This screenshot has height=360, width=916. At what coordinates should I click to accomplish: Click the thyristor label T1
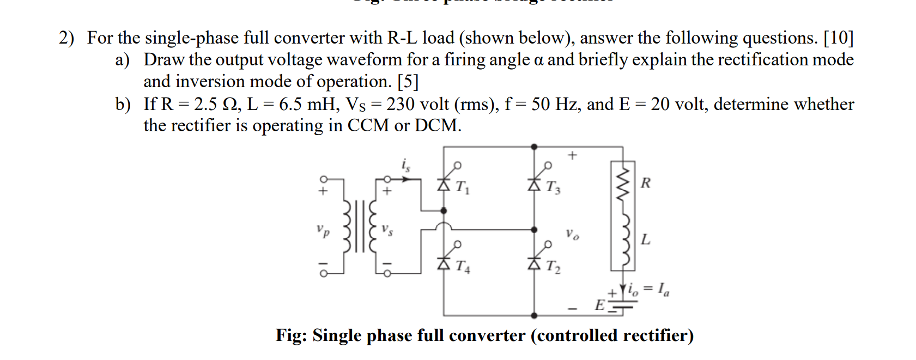pyautogui.click(x=462, y=187)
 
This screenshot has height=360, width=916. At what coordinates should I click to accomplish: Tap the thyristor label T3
pyautogui.click(x=553, y=187)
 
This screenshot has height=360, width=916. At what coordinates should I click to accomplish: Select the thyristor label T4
pyautogui.click(x=462, y=266)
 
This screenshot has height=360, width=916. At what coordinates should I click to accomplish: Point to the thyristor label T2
pyautogui.click(x=553, y=266)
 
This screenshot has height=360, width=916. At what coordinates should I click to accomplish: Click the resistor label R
pyautogui.click(x=645, y=183)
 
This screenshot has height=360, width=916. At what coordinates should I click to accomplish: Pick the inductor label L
pyautogui.click(x=645, y=239)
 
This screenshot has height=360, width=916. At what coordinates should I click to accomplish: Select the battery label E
pyautogui.click(x=599, y=305)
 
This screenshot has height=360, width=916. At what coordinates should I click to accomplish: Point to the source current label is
pyautogui.click(x=405, y=164)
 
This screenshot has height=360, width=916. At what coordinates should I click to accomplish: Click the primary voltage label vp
pyautogui.click(x=323, y=230)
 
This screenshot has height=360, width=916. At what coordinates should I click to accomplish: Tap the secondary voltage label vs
pyautogui.click(x=387, y=229)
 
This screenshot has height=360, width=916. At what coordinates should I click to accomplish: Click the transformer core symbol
pyautogui.click(x=358, y=226)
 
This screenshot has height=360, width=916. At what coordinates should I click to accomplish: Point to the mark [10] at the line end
pyautogui.click(x=838, y=38)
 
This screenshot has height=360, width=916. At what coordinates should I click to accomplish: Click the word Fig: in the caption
pyautogui.click(x=292, y=335)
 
